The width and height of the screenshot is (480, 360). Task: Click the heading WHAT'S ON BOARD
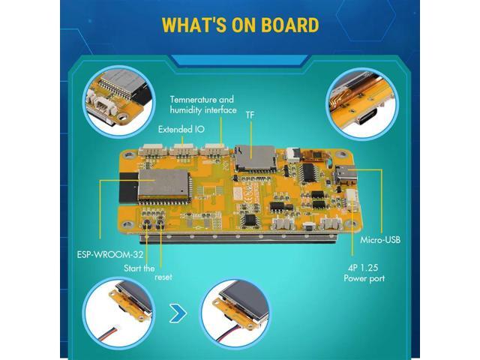[239, 24]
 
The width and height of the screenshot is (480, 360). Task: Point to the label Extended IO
[181, 129]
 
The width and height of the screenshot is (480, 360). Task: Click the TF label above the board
[250, 115]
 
